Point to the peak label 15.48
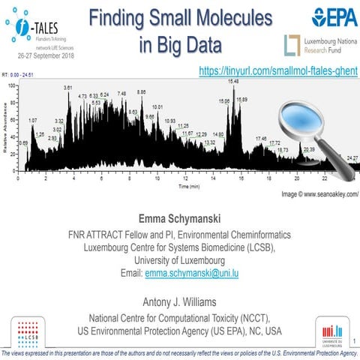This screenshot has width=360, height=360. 233,81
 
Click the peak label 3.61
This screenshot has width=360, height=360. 68,88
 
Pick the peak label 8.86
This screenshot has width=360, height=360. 141,91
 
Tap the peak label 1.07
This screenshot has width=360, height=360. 32,121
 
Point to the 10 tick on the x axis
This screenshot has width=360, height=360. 157,178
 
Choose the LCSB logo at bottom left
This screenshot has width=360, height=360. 27,329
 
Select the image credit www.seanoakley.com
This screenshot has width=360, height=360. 314,193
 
